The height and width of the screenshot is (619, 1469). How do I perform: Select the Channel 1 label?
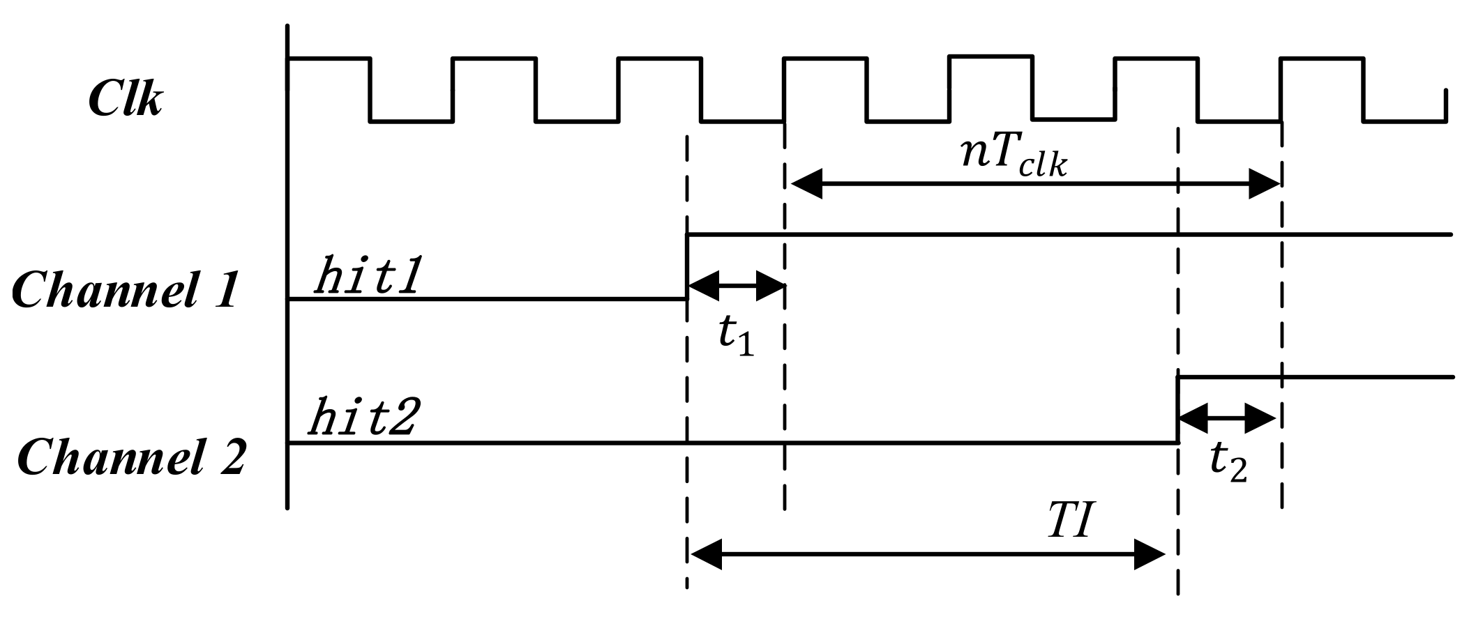[126, 290]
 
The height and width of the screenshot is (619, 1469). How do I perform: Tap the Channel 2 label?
[131, 458]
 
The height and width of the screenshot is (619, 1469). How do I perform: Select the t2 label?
[1228, 461]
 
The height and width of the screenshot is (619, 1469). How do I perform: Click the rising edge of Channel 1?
[688, 267]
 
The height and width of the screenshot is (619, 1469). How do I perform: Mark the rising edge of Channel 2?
[1178, 410]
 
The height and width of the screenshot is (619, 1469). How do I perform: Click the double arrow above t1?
[737, 285]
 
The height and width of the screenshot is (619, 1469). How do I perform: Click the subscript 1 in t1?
[746, 346]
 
